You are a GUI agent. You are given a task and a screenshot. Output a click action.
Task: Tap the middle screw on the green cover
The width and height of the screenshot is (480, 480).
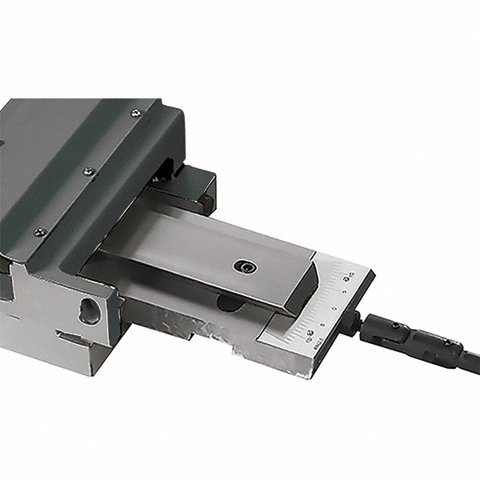[88, 170]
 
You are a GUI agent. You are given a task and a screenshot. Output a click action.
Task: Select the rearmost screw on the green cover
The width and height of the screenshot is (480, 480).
[135, 113]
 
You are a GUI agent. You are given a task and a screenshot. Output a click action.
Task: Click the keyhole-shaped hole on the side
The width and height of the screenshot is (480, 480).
[89, 310]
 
